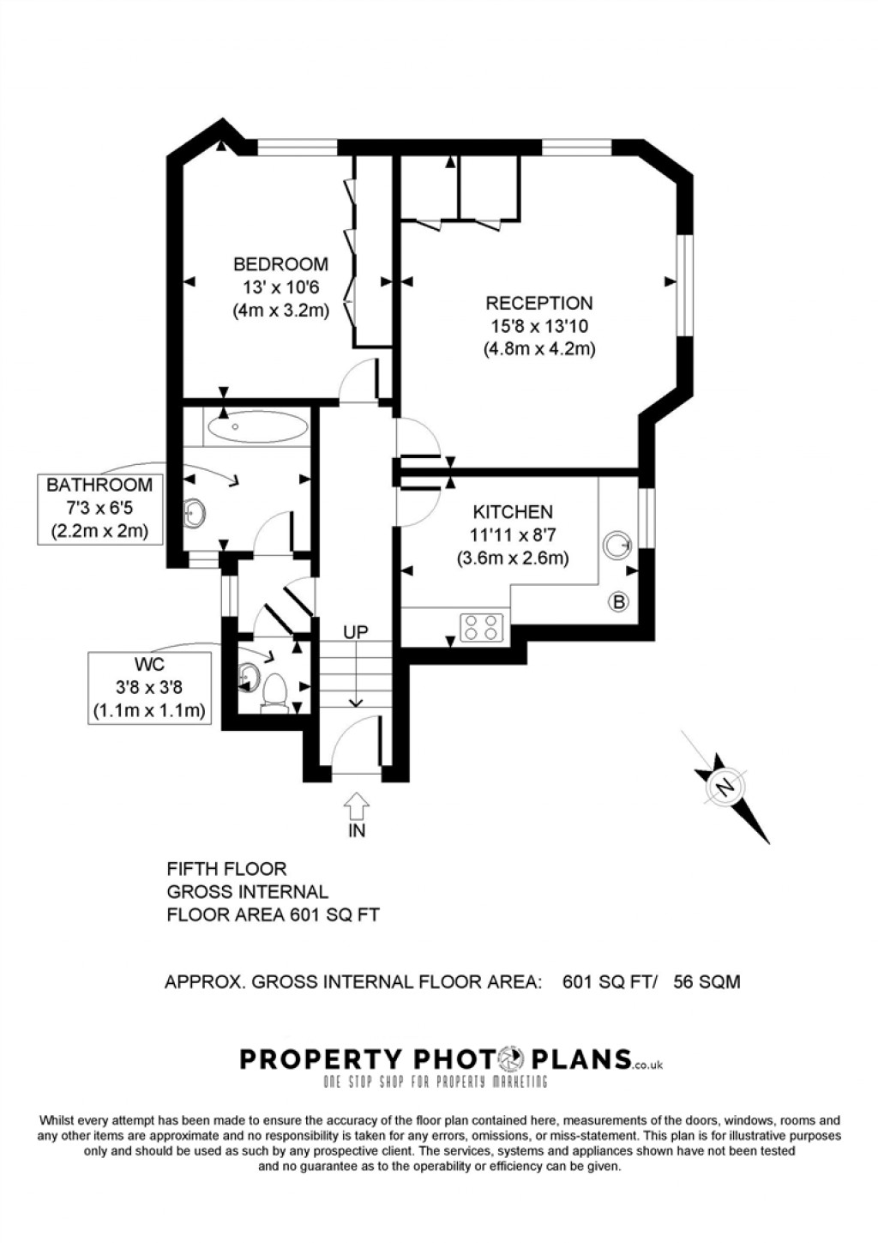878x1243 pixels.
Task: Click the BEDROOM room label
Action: [x=280, y=264]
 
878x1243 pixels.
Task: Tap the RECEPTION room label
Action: [x=538, y=303]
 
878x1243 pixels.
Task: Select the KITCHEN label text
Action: [x=513, y=512]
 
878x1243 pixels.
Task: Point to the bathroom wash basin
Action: [x=195, y=513]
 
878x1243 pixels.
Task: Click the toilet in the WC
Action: [x=274, y=691]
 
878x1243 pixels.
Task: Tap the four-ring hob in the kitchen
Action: [x=480, y=627]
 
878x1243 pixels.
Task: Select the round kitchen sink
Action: [x=616, y=543]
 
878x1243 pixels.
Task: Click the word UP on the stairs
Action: [x=356, y=632]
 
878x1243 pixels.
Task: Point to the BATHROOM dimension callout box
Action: [x=99, y=508]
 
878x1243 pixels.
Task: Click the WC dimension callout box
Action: [x=149, y=687]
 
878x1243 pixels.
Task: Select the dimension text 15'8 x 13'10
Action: [x=538, y=326]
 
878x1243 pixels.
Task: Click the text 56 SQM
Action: [x=707, y=981]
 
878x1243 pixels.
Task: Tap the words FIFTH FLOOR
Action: [x=226, y=869]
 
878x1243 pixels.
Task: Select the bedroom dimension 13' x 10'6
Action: [x=280, y=287]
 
